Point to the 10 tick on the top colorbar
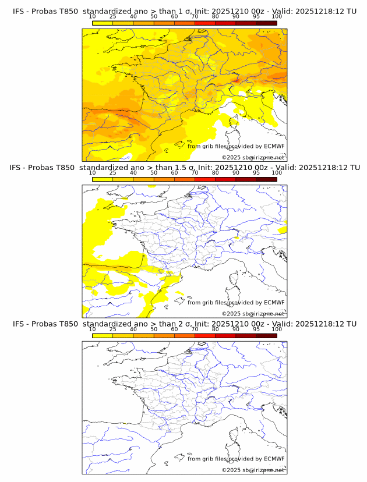pos(92,17)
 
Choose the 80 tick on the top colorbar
pos(216,17)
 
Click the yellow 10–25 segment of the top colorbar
pos(103,23)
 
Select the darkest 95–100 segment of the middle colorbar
pos(266,179)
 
